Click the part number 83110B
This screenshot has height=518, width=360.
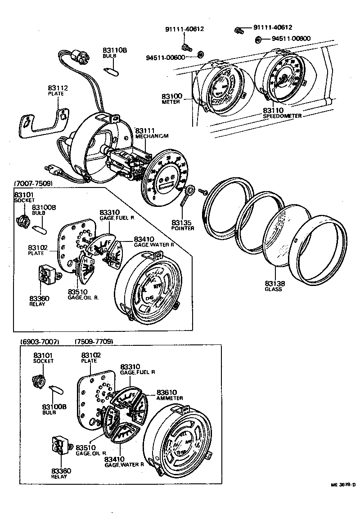click(115, 51)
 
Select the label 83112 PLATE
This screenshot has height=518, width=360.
click(56, 90)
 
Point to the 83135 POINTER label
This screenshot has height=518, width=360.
click(183, 225)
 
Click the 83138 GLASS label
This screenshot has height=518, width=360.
click(273, 286)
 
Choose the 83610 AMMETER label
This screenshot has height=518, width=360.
click(169, 395)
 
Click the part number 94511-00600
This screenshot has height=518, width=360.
click(165, 57)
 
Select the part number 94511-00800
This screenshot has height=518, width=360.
click(291, 38)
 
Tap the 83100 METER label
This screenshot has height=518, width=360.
click(171, 98)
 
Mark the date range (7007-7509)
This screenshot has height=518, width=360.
click(33, 183)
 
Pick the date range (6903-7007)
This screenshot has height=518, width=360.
click(40, 341)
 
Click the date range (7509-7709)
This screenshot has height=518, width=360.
click(93, 341)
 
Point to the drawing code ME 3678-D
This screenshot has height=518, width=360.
click(343, 485)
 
